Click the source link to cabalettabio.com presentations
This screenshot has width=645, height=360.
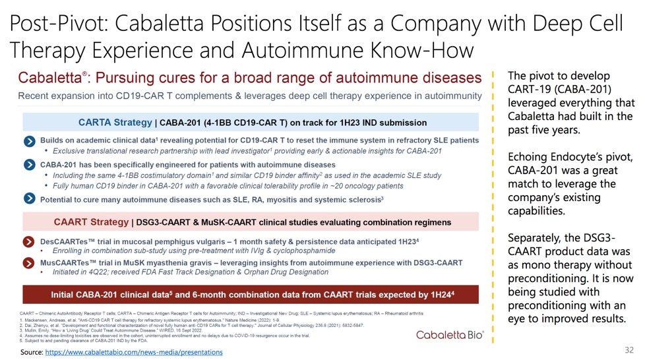(136, 353)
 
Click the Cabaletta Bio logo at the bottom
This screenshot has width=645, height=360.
(450, 335)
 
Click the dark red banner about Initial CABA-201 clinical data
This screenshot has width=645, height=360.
(253, 293)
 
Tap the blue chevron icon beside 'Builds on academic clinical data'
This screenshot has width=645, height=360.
(30, 141)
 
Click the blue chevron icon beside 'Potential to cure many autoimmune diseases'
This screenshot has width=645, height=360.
(30, 198)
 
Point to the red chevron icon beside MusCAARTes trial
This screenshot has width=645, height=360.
(30, 263)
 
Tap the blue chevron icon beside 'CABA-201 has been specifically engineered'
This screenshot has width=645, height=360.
(30, 165)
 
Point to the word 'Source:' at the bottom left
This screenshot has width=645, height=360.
(32, 353)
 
